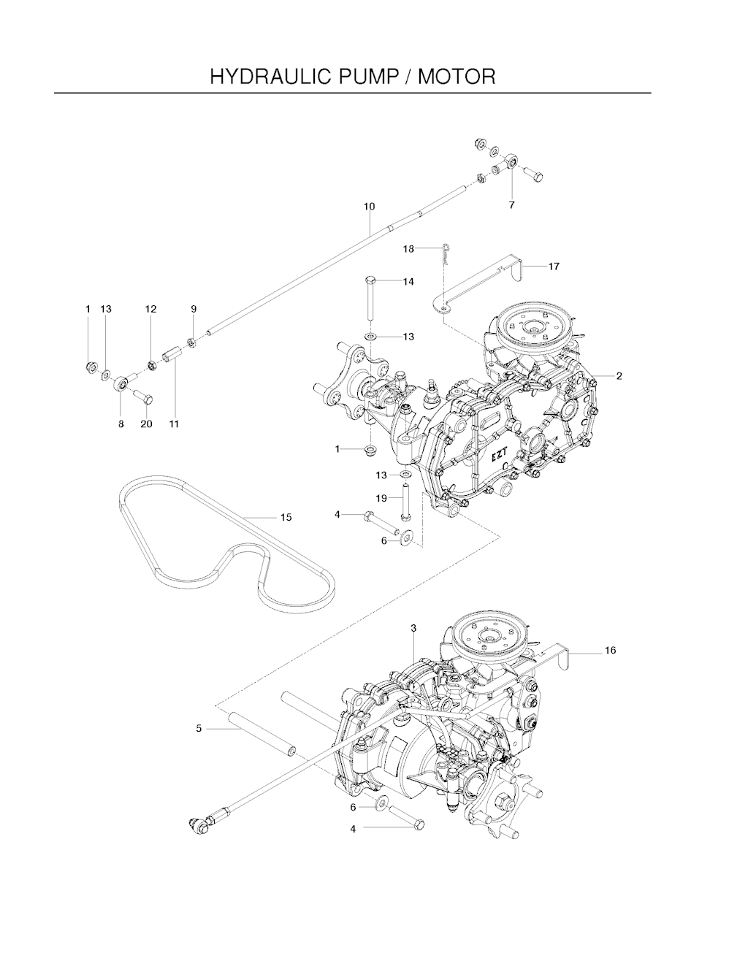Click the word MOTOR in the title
point(457,77)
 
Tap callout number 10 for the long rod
point(369,206)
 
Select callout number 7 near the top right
point(512,205)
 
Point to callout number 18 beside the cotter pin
point(408,249)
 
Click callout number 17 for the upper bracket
point(554,267)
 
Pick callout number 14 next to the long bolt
point(408,282)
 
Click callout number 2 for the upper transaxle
point(619,376)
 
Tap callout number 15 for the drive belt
point(286,517)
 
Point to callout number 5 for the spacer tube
point(199,728)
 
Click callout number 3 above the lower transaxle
point(413,628)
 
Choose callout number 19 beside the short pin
point(381,499)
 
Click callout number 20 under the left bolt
point(146,424)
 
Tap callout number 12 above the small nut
point(150,309)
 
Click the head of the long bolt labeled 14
point(370,280)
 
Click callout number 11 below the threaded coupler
point(174,424)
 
